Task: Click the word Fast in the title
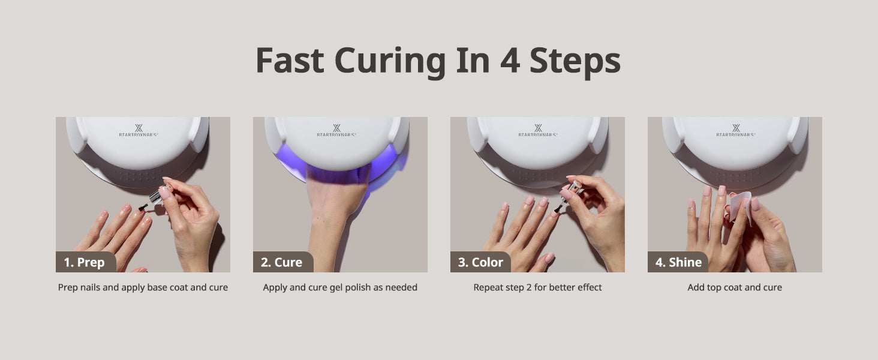290,61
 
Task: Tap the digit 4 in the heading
510,61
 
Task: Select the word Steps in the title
575,62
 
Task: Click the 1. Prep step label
85,262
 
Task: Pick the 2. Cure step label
281,262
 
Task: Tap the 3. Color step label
480,262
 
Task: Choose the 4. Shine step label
678,262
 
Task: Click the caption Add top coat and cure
735,287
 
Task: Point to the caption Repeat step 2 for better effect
537,287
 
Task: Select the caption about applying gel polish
340,287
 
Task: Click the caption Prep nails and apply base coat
143,287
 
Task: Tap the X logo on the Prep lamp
139,128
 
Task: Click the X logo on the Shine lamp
736,128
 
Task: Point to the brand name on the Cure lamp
336,134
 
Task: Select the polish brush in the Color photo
557,208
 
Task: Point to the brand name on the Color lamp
538,134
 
